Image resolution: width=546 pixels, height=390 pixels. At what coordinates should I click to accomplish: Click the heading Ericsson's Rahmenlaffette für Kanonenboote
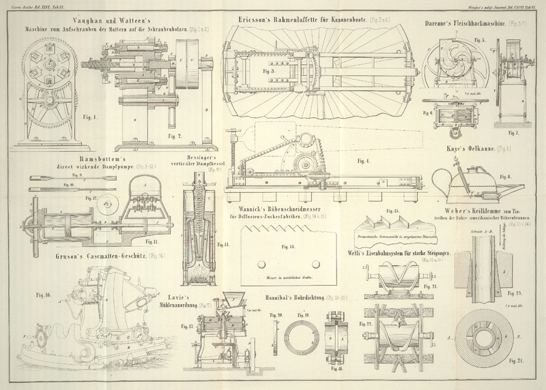pos(311,20)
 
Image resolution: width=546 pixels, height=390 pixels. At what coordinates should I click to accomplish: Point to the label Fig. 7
pos(513,132)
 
